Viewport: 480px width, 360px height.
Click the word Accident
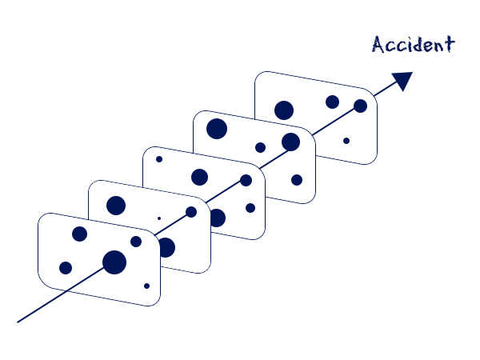414,44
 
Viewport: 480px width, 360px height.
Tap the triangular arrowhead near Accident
402,80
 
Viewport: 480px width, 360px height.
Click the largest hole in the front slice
114,262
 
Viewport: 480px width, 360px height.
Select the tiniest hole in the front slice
146,286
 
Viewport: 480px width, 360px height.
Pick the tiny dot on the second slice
159,218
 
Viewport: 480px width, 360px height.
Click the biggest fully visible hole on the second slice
116,206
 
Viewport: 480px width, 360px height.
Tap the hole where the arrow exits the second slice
191,212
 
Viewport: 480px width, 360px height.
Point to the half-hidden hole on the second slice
167,247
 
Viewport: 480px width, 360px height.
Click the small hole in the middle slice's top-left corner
159,159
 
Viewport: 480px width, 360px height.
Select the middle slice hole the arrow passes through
246,180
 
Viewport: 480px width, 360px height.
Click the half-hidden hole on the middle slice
218,218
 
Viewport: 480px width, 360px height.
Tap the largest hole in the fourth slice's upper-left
217,129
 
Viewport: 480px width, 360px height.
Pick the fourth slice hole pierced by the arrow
291,142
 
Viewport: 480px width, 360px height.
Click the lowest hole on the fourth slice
297,180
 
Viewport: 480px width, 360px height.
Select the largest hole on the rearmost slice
284,110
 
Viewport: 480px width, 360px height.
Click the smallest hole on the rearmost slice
346,141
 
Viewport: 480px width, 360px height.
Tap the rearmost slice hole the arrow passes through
360,106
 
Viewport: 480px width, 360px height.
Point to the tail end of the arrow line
18,322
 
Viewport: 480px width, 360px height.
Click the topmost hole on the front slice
79,234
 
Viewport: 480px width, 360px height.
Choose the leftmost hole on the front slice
66,268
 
